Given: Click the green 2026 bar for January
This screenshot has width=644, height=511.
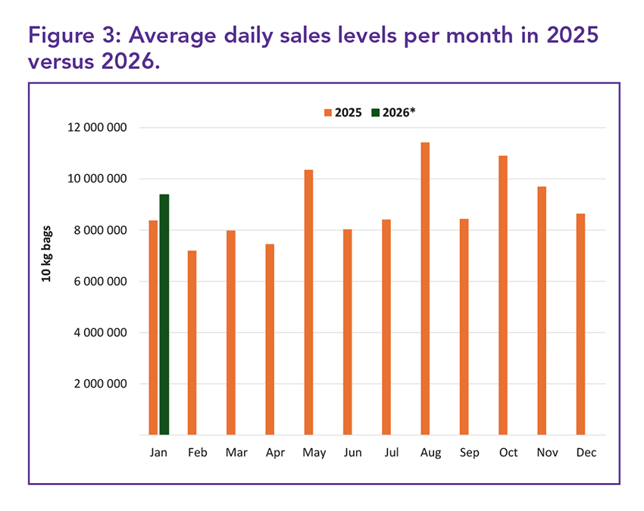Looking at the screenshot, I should coord(164,314).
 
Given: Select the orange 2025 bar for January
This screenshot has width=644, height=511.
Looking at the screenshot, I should coord(153,327).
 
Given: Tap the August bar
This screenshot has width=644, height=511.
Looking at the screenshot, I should coord(425,288).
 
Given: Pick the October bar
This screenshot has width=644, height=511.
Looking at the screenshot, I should coord(503,295).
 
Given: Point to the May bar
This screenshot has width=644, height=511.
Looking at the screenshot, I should coord(309,302).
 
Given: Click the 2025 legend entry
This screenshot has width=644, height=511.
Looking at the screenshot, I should coord(343,112).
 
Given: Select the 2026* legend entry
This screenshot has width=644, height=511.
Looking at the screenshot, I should coord(395,112).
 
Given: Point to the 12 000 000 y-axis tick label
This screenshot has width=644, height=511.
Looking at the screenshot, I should coord(95,127).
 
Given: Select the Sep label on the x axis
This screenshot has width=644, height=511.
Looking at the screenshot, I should coord(469,453).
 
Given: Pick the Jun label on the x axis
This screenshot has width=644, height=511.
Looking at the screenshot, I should coord(352,453).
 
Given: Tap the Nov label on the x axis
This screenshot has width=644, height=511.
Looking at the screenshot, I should coord(547,453).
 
